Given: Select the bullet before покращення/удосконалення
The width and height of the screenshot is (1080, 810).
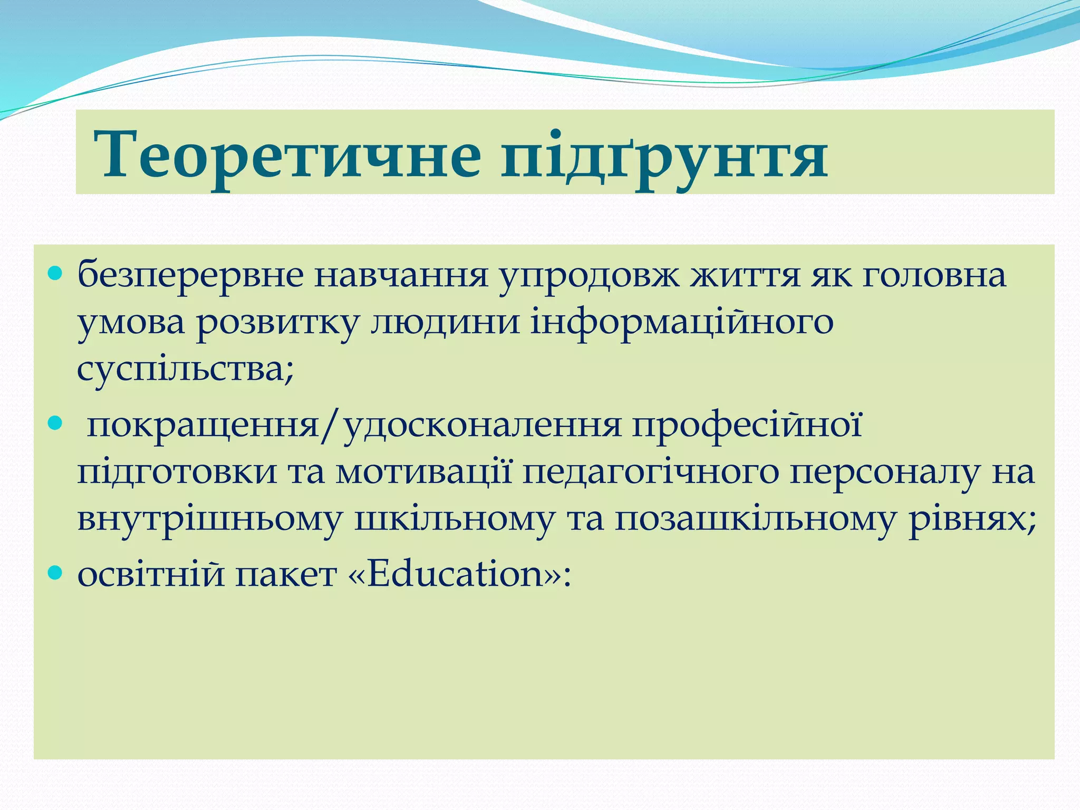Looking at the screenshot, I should click(x=55, y=423).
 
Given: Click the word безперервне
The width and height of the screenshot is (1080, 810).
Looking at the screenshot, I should click(x=190, y=276).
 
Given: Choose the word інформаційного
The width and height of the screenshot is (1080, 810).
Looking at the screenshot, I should click(x=681, y=323).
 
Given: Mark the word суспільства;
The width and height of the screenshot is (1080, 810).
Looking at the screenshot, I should click(x=185, y=369).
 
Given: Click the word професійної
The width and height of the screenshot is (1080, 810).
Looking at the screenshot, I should click(x=748, y=426).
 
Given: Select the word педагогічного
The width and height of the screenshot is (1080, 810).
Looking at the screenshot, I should click(x=651, y=473).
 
